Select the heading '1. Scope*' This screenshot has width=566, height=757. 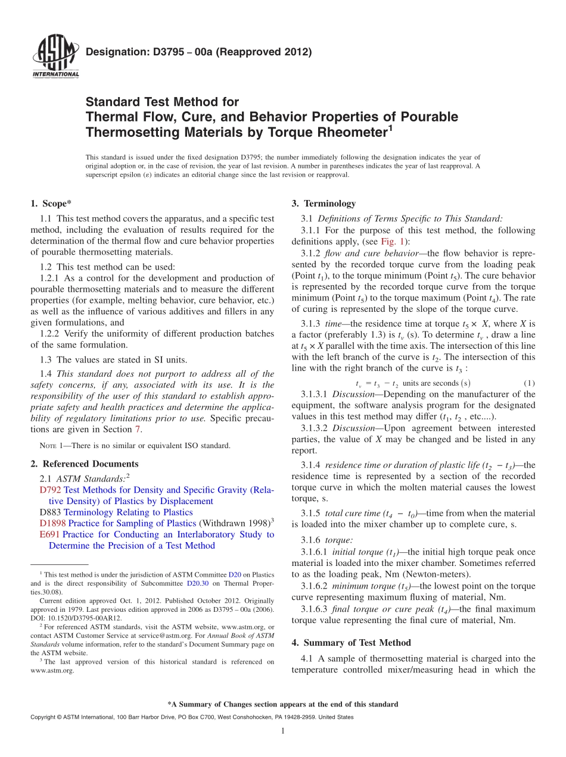pos(51,204)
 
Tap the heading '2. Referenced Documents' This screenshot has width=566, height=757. pos(84,464)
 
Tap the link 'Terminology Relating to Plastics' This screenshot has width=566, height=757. pos(128,512)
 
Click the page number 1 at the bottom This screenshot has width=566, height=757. pos(282,731)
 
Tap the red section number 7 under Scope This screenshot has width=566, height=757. pos(136,429)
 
